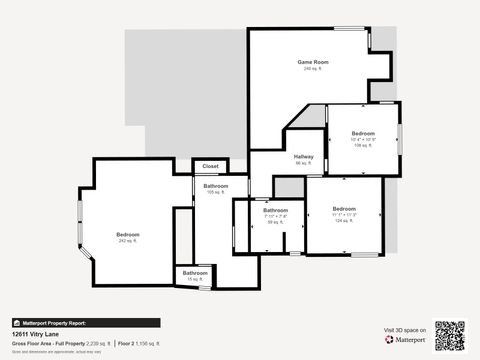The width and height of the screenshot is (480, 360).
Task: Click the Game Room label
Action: click(x=313, y=62)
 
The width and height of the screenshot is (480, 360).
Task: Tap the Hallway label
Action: click(x=304, y=157)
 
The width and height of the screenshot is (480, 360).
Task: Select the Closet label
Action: click(x=210, y=166)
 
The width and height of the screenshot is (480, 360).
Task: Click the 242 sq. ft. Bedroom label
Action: click(x=128, y=235)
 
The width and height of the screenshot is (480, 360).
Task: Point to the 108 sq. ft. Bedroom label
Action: click(x=363, y=133)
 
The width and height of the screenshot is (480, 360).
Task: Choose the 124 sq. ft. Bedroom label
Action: click(x=344, y=209)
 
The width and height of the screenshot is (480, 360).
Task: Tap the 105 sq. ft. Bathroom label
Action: click(x=215, y=186)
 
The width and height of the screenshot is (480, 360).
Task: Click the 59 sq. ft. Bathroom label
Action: click(x=275, y=210)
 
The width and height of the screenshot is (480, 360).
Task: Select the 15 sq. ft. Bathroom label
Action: click(x=195, y=273)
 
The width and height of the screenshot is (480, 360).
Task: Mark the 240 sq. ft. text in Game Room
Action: click(x=313, y=69)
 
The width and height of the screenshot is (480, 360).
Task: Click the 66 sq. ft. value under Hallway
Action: click(x=304, y=163)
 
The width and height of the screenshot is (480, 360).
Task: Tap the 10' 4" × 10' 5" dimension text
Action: click(x=363, y=139)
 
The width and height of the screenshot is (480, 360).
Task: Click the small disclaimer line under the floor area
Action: click(x=42, y=350)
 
